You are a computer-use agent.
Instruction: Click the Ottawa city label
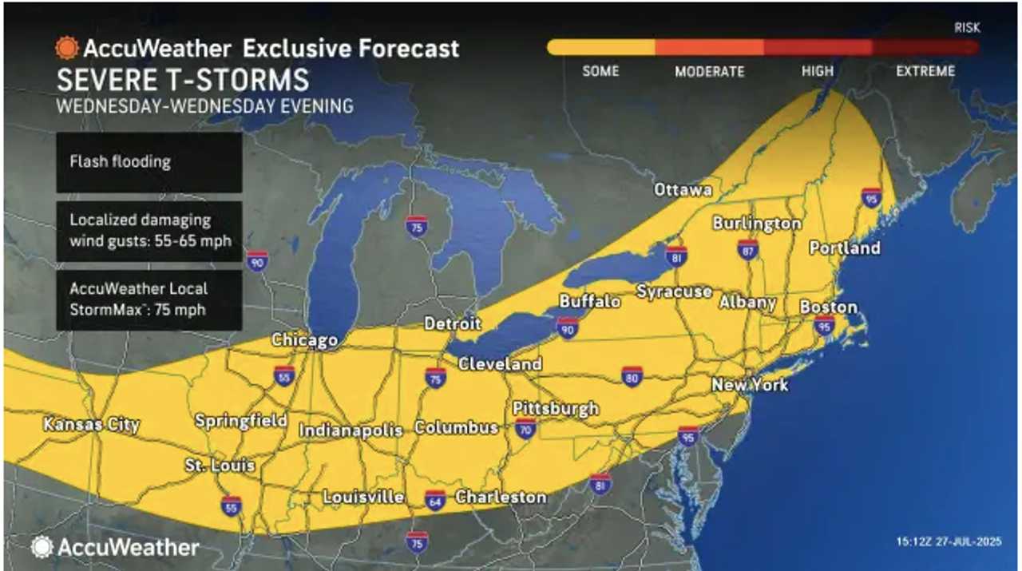click(683, 190)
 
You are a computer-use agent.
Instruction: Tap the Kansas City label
click(92, 425)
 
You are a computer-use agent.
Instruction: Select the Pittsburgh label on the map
click(556, 409)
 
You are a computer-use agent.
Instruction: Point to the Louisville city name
click(363, 497)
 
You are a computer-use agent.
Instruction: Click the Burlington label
click(757, 223)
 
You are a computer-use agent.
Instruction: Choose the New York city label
click(750, 385)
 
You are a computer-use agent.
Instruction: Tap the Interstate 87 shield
click(748, 250)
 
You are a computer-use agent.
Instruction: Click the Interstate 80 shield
click(632, 376)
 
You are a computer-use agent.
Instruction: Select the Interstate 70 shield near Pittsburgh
click(525, 429)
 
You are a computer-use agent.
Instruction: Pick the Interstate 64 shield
click(435, 498)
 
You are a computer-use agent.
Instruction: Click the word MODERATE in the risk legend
click(710, 72)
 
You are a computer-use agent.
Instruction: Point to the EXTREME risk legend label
click(925, 71)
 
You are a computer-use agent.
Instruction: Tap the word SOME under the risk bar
click(600, 71)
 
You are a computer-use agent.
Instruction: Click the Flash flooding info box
click(149, 162)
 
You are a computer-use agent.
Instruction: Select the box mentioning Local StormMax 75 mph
click(149, 300)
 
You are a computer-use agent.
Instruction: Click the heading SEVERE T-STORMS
click(182, 81)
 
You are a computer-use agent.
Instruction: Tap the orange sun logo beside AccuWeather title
click(66, 48)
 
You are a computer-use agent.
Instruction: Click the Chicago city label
click(304, 340)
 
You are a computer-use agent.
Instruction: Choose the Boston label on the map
click(828, 307)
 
